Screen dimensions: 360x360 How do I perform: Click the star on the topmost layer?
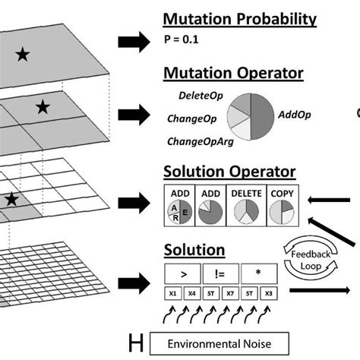[x=24, y=53]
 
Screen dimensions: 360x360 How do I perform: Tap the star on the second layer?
[x=43, y=107]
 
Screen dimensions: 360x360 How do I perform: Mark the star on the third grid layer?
[x=11, y=199]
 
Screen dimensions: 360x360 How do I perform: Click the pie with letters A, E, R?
[x=179, y=213]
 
